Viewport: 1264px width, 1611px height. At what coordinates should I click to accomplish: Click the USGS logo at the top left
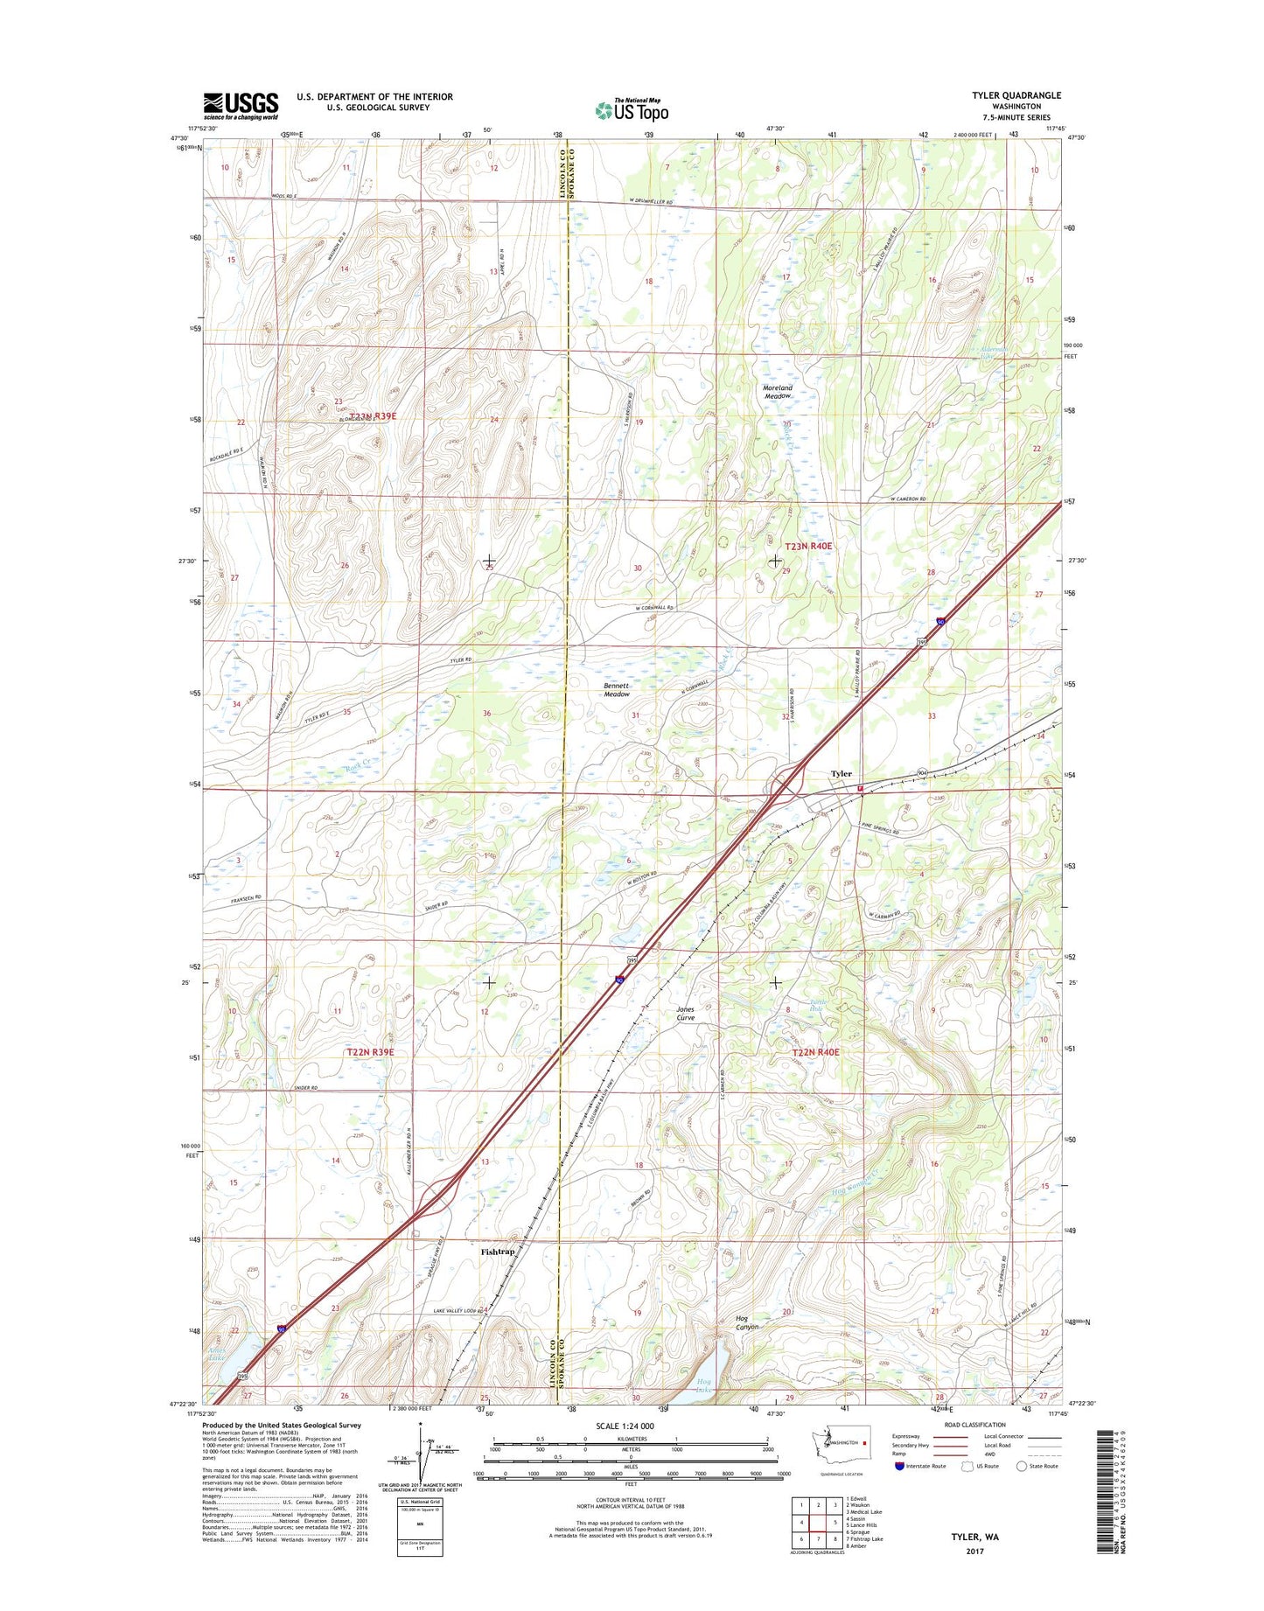241,106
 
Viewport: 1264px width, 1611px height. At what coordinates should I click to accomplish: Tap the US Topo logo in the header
632,109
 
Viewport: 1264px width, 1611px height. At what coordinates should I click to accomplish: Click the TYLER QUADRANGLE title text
1016,95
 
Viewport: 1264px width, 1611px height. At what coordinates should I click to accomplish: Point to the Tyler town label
841,773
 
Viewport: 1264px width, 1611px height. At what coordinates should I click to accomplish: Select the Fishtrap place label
498,1252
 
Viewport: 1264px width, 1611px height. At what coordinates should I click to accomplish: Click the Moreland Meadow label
778,392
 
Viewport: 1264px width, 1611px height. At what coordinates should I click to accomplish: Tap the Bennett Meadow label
617,690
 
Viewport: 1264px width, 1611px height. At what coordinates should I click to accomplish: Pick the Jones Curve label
686,1014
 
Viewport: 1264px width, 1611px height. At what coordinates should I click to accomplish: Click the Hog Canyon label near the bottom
747,1322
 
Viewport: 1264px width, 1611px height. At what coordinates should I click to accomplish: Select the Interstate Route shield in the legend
899,1467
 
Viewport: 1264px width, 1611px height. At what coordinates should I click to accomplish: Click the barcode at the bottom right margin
1106,1491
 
